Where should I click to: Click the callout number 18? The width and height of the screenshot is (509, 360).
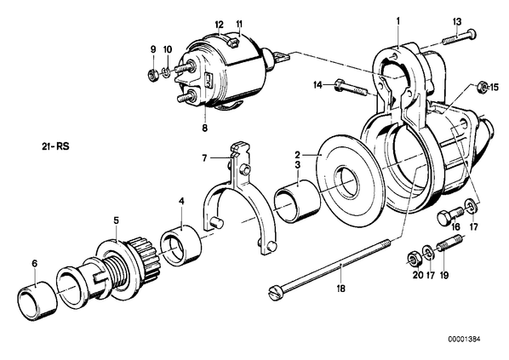tap(340, 289)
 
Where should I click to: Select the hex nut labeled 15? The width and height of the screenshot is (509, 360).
tap(482, 88)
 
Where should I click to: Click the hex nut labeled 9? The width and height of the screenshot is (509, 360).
tap(152, 75)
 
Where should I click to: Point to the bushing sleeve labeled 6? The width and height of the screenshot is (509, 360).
tap(37, 302)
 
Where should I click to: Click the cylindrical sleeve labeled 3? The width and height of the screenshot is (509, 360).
tap(297, 201)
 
